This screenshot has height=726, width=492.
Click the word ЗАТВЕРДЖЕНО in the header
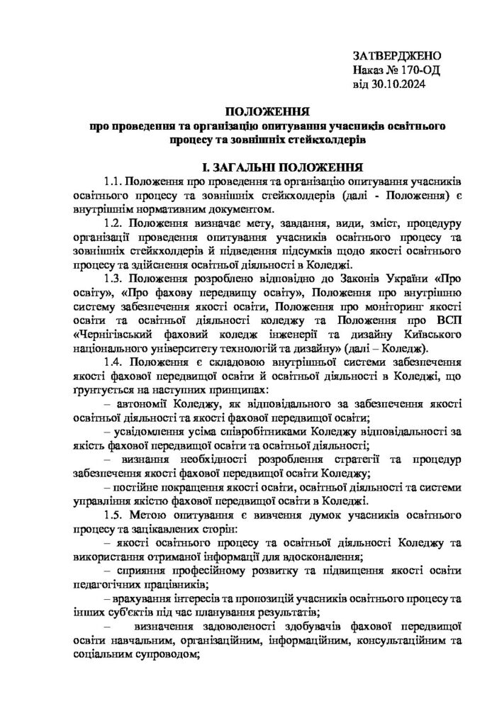(x=396, y=55)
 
